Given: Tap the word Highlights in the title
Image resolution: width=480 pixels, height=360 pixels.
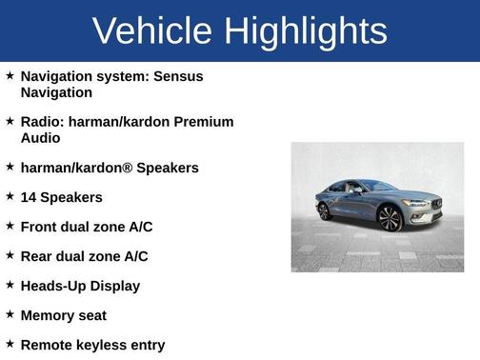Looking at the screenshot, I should pos(306,31).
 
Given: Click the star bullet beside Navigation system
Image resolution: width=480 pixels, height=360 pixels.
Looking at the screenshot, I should pos(10,75).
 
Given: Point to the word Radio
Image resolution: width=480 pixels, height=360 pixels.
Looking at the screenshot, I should pos(42,122).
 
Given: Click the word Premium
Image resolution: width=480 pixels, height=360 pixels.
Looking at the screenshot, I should pos(205,122).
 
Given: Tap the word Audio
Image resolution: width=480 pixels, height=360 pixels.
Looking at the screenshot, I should pos(40,138).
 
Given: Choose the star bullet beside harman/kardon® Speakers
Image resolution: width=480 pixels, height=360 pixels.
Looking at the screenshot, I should pos(10,167).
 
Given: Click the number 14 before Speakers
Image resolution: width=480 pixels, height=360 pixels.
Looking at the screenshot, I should pos(29,197).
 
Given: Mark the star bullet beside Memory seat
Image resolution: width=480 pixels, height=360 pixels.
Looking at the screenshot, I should pos(10,314).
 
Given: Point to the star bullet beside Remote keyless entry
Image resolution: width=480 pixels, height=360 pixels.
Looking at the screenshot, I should pos(10,344).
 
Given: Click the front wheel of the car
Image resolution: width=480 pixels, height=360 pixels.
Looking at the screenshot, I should pos(389,219).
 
